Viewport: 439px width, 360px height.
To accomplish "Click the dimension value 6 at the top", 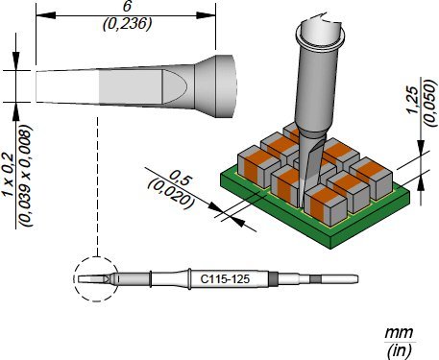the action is (127, 7).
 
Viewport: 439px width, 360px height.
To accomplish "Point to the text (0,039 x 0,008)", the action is (26, 176).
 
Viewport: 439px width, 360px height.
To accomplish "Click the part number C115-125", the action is (225, 279).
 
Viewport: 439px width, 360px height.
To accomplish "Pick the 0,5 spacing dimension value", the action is (179, 179).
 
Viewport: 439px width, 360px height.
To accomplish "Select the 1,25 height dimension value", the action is (413, 100).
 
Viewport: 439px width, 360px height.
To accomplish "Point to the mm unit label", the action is (399, 333).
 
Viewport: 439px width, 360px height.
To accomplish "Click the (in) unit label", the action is (399, 350).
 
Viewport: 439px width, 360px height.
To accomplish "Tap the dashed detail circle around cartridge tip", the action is (74, 278).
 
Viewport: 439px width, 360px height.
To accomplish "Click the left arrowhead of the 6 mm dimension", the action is (46, 15).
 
